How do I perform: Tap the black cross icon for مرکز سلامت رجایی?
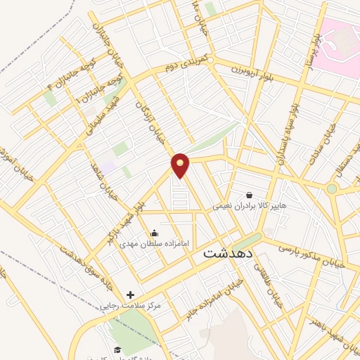pos(129,295)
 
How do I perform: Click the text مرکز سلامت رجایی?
pos(131,306)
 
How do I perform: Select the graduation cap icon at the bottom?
pos(117,350)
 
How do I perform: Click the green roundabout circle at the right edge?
pos(331,188)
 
